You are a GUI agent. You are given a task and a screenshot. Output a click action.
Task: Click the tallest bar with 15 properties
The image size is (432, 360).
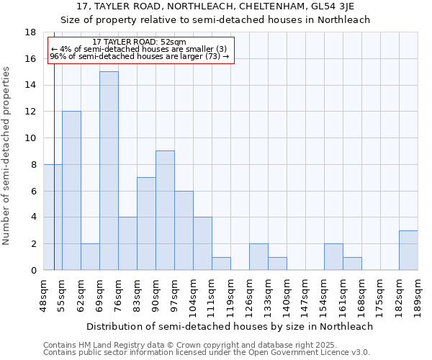tap(109, 171)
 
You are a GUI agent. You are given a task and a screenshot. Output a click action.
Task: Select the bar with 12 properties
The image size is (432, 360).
tap(71, 191)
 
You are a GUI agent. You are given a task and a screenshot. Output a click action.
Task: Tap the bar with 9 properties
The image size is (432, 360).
tap(165, 210)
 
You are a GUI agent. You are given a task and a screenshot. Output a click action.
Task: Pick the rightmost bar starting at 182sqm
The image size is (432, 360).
tap(408, 250)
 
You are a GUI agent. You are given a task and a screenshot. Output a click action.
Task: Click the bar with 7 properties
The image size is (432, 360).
tap(146, 223)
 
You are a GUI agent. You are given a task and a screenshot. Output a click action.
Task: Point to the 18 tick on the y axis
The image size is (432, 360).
tap(31, 32)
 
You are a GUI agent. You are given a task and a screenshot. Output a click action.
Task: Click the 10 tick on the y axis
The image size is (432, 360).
tap(31, 138)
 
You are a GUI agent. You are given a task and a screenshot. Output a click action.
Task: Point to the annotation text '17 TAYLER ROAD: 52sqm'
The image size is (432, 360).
tap(140, 42)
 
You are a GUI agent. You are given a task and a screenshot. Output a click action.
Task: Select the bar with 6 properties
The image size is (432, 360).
tap(184, 230)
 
